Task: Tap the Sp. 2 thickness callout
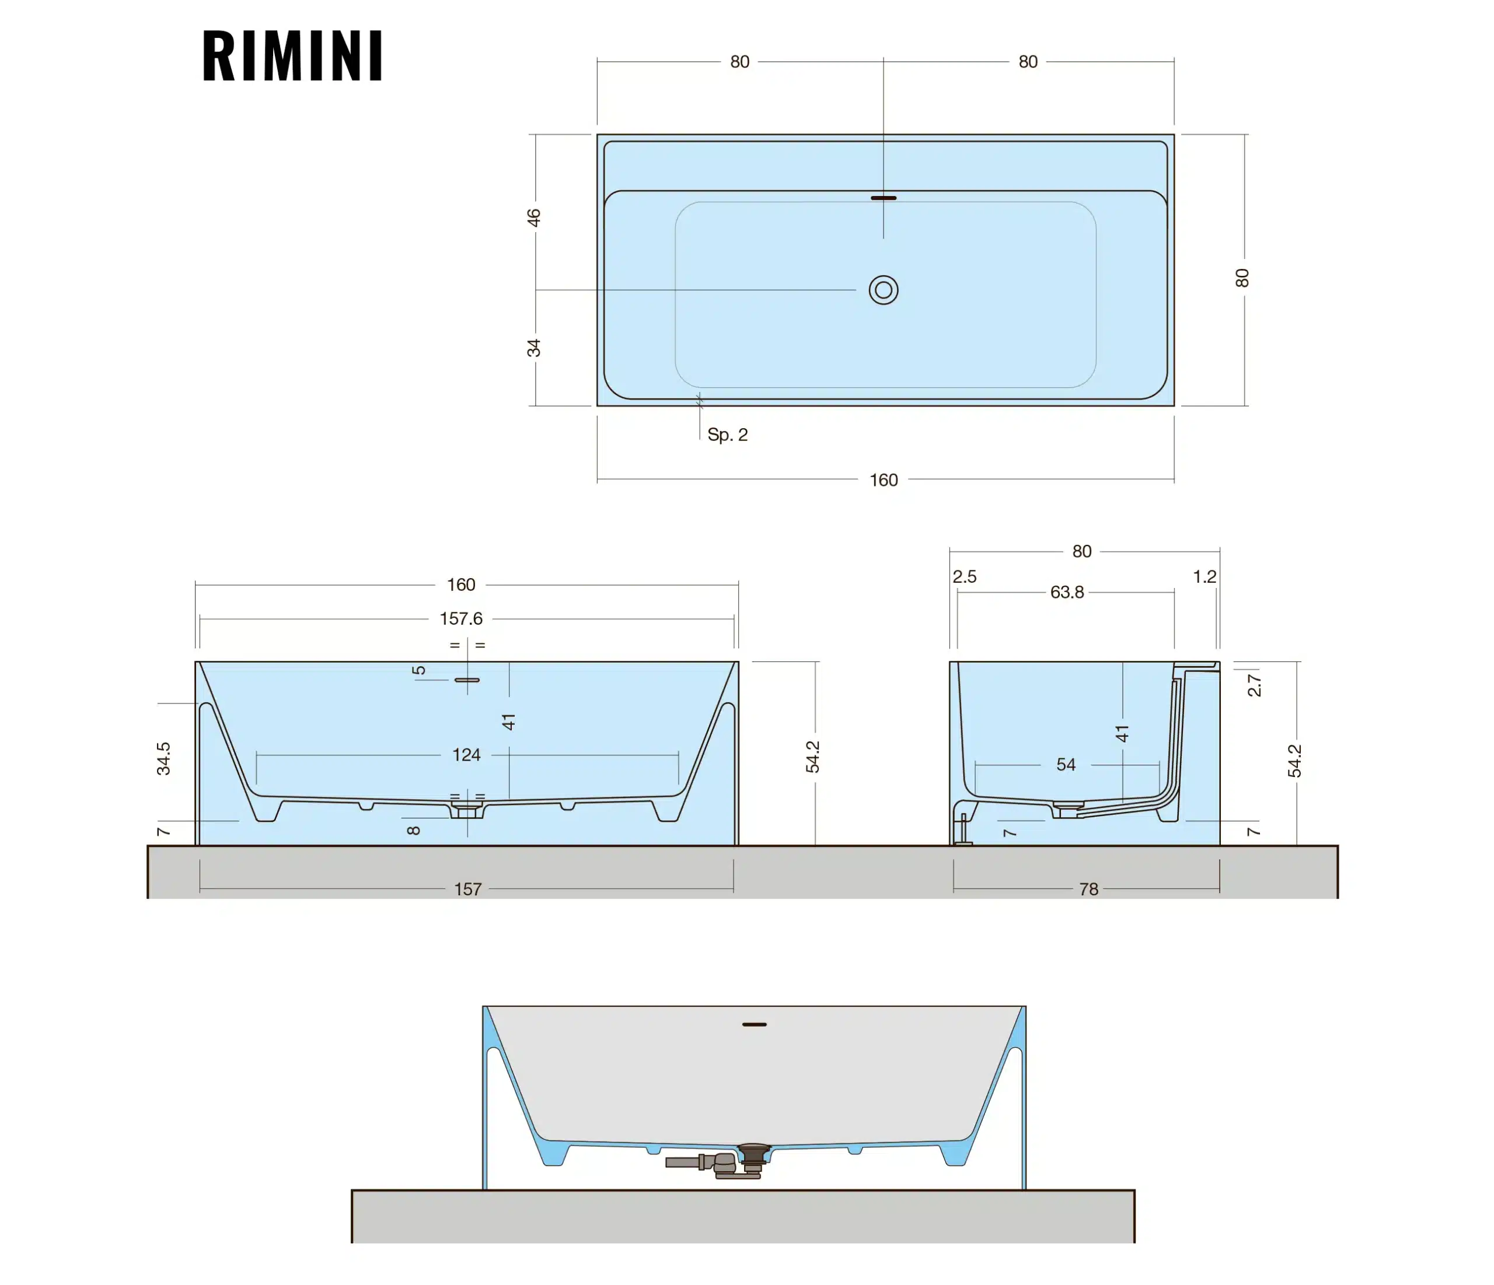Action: coord(728,435)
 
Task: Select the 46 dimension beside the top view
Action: coord(533,217)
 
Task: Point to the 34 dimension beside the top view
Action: coord(533,348)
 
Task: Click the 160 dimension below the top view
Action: coord(884,480)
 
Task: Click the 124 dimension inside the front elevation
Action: coord(466,755)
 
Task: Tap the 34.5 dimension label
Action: coord(163,759)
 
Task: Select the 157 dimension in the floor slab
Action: coord(467,890)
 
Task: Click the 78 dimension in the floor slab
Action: coord(1089,890)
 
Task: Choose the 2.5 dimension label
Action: coord(964,576)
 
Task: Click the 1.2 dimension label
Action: coord(1204,576)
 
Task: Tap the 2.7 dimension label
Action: coord(1255,685)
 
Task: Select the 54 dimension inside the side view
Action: coord(1066,765)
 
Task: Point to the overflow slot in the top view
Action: coord(884,198)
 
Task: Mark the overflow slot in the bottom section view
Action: coord(754,1024)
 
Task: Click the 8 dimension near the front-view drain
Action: coord(413,830)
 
